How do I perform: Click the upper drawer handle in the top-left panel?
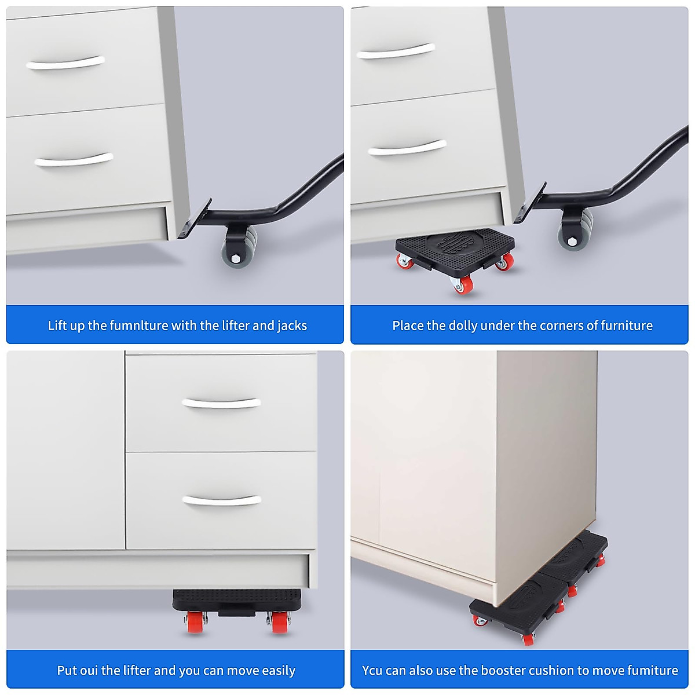[x=65, y=63]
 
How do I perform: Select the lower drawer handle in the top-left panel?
[x=74, y=160]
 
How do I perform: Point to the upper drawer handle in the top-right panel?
[x=396, y=53]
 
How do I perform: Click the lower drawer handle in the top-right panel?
[x=407, y=148]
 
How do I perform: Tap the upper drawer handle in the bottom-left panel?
[x=221, y=403]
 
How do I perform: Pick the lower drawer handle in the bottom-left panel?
[x=221, y=500]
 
